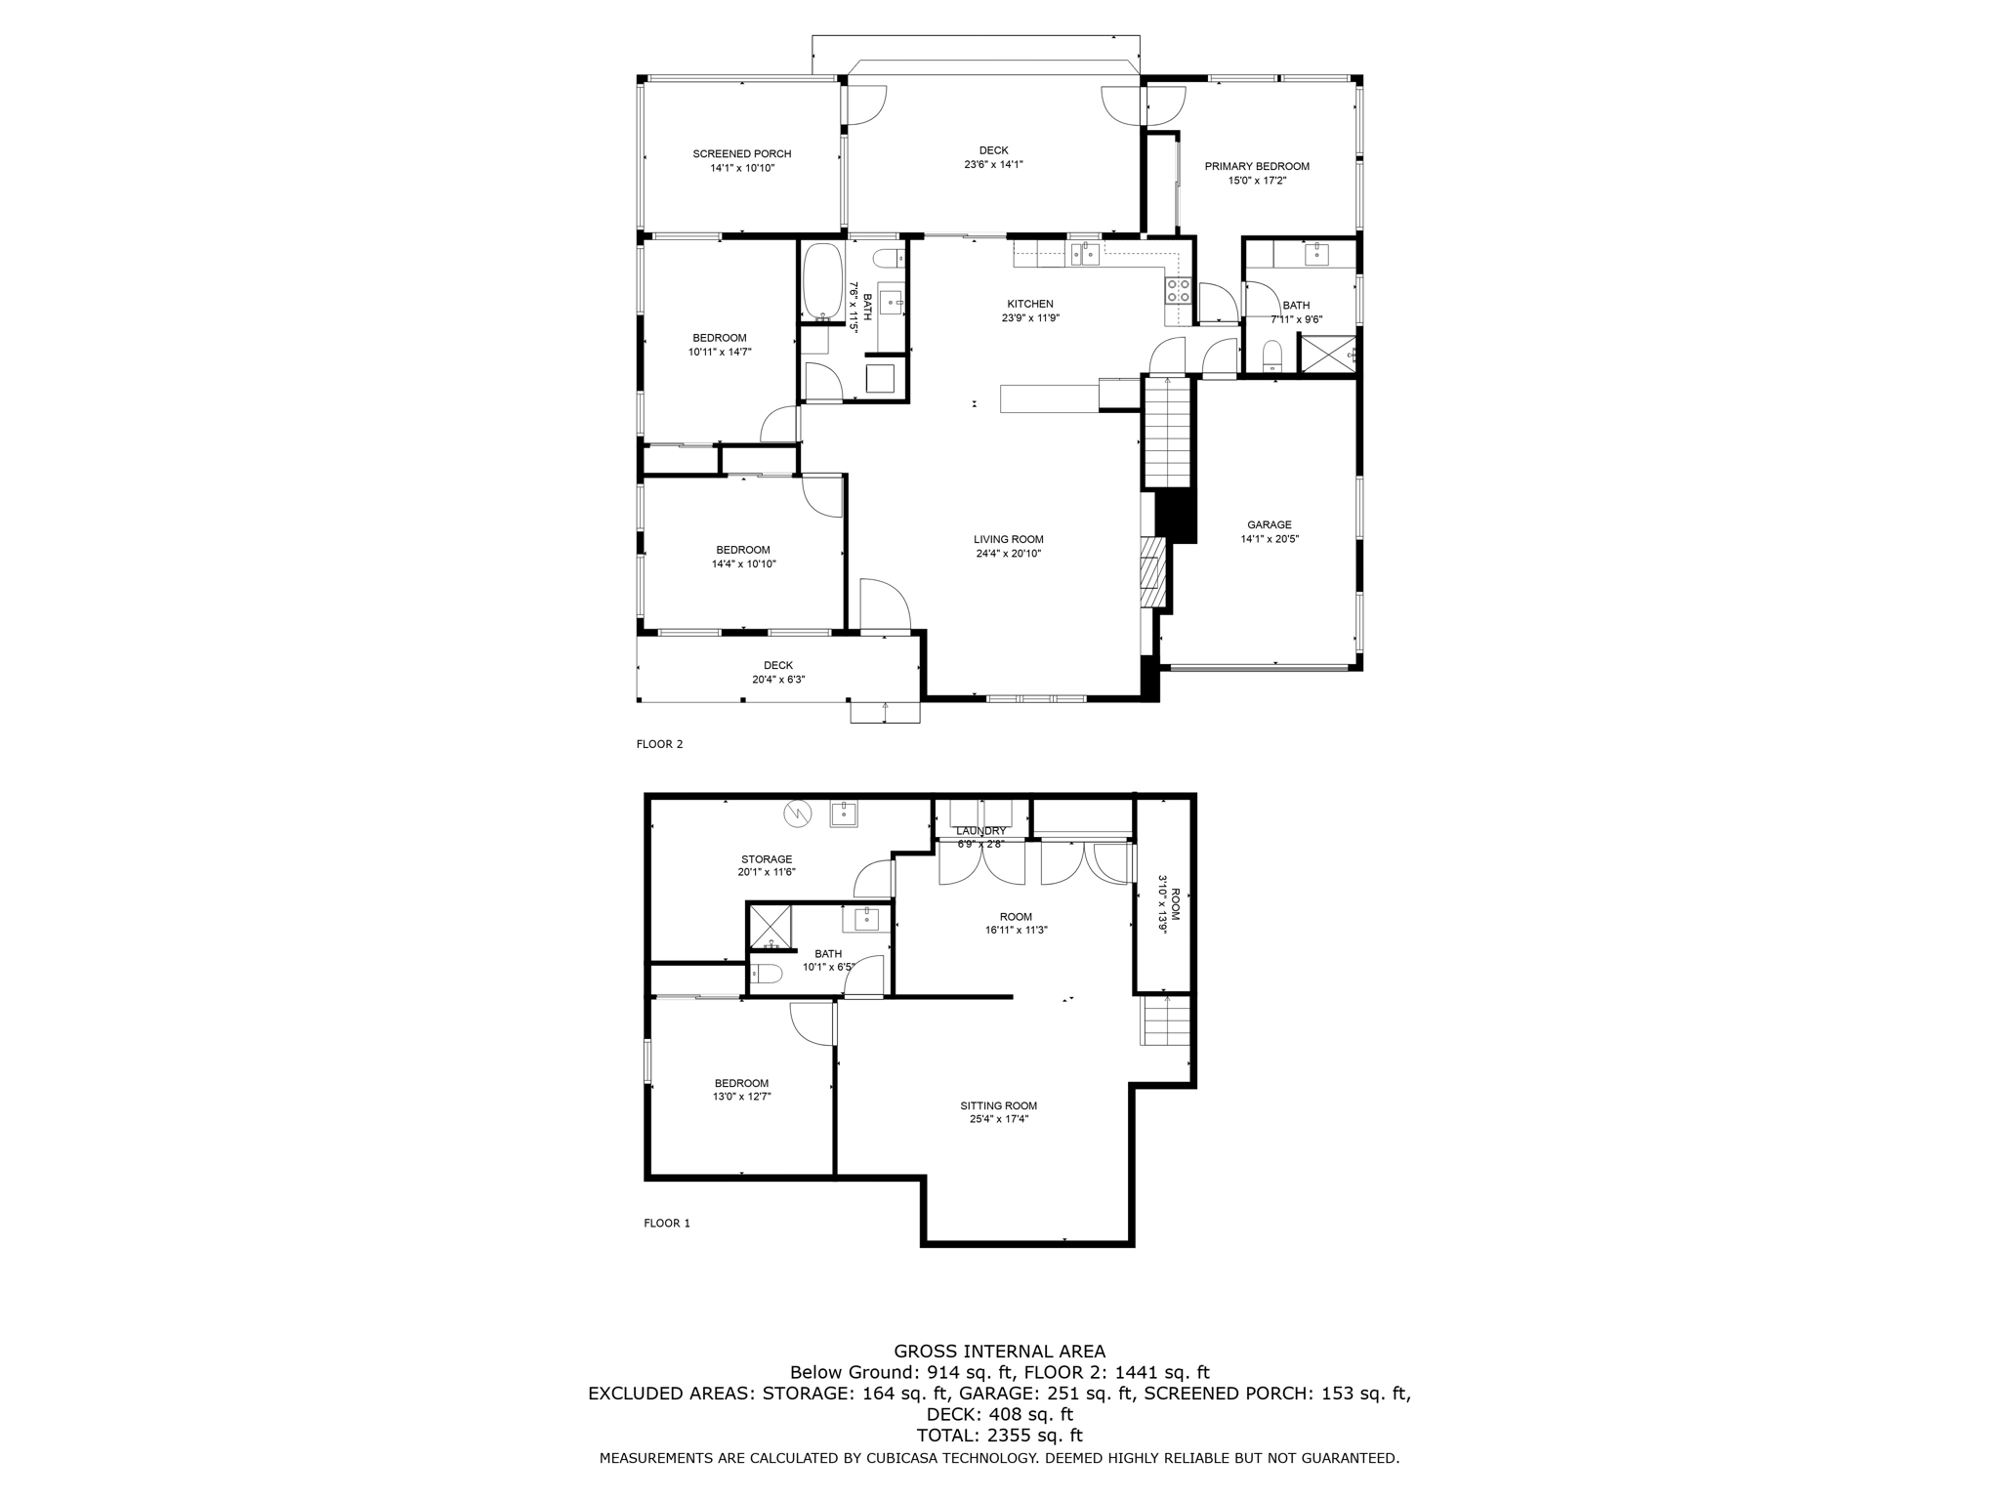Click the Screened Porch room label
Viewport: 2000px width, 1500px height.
(741, 154)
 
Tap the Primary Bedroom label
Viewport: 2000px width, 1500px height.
(1256, 167)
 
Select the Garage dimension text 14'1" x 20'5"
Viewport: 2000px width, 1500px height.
(1269, 539)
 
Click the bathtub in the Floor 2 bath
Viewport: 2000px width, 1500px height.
(821, 282)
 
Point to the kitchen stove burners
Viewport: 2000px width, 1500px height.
(1178, 289)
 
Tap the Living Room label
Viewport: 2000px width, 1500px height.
(1008, 539)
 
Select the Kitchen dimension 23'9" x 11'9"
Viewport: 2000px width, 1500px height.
(1029, 318)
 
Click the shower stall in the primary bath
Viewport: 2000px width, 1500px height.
(1326, 354)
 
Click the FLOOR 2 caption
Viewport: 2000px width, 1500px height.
(659, 744)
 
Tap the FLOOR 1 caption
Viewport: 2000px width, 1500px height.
(666, 1223)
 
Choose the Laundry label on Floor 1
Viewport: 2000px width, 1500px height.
(980, 831)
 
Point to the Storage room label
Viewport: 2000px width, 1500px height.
(766, 859)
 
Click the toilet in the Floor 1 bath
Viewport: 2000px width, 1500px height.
(768, 974)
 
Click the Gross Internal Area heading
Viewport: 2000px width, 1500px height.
(999, 1352)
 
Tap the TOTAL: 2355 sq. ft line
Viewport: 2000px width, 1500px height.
(999, 1436)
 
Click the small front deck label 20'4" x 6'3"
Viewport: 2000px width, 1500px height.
(777, 680)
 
